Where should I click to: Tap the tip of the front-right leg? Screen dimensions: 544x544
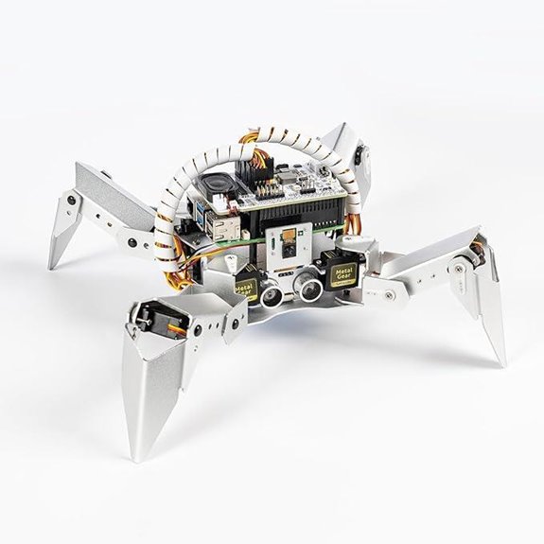(500, 363)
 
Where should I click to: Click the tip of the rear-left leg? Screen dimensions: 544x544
(53, 265)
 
